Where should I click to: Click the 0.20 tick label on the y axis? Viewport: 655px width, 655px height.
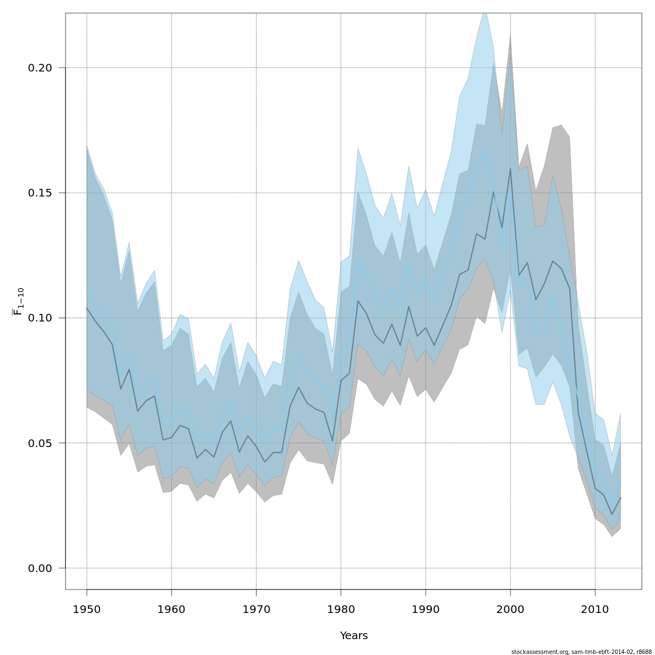click(x=40, y=68)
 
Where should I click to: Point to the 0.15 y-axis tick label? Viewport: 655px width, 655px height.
click(x=40, y=193)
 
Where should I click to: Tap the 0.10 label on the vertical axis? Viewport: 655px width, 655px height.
click(x=40, y=318)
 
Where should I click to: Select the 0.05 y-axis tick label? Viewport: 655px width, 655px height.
click(x=40, y=443)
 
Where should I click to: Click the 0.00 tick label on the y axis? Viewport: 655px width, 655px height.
click(x=40, y=568)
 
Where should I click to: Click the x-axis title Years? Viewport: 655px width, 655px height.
click(x=354, y=636)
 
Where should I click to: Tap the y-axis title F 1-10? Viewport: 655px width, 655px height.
click(x=18, y=302)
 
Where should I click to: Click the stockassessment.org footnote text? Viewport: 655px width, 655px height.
click(x=581, y=652)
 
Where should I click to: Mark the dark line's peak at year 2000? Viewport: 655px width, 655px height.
click(x=510, y=168)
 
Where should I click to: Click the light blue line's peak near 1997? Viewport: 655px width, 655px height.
click(x=485, y=152)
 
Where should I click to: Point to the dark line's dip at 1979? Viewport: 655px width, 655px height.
click(x=332, y=441)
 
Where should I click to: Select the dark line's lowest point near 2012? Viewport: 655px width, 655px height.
click(x=612, y=514)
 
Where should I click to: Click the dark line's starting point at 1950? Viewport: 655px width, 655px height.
click(x=87, y=308)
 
